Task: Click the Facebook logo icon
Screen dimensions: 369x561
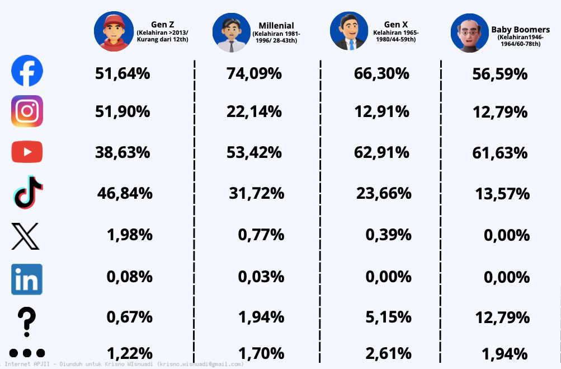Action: pos(27,71)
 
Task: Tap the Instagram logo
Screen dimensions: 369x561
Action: pos(27,111)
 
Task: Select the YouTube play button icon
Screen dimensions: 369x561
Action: pos(27,152)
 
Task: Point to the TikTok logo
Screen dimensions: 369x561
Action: pos(27,193)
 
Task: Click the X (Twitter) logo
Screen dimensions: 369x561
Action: pos(26,236)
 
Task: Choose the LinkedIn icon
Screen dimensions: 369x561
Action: pos(27,279)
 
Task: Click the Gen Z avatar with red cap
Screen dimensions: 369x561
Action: pos(110,32)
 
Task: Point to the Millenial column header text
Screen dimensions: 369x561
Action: pos(276,26)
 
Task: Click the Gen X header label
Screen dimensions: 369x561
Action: pos(395,25)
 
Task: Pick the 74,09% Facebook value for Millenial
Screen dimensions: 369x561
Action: pos(254,73)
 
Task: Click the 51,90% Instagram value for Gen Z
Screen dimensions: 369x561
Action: pos(122,111)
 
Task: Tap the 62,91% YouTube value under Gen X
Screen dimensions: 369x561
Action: pos(381,152)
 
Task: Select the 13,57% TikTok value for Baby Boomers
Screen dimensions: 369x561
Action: pos(502,194)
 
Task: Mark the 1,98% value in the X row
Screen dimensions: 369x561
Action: pos(129,235)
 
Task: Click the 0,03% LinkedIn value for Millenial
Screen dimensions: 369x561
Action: pos(261,276)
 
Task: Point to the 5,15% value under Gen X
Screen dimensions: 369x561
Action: pos(388,317)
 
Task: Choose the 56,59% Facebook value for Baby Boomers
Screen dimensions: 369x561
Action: pos(500,73)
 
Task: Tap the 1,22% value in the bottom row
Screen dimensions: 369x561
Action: pos(129,353)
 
